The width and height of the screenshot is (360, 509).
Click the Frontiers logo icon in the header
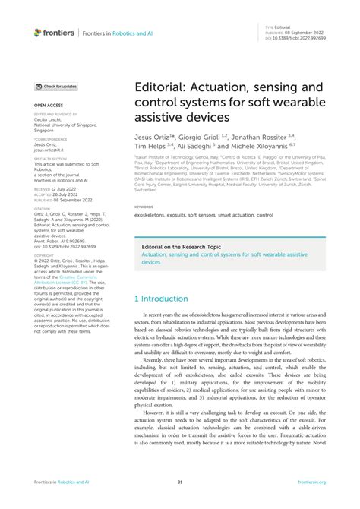tap(37, 33)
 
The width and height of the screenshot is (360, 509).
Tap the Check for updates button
tap(57, 87)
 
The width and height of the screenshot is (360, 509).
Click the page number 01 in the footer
tap(180, 482)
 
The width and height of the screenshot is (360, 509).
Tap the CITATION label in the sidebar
tap(42, 207)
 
